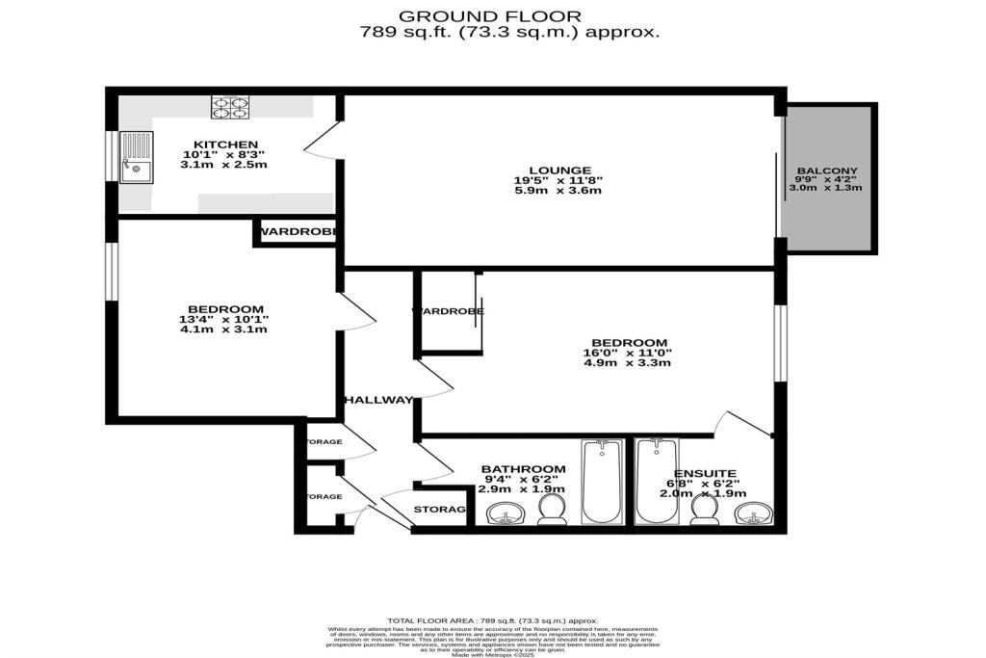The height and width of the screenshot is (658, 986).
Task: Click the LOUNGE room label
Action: tap(558, 171)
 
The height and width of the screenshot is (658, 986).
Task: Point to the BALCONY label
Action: tap(826, 172)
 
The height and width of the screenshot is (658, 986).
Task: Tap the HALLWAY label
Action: tap(378, 400)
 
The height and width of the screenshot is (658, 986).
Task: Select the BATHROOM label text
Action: tap(523, 469)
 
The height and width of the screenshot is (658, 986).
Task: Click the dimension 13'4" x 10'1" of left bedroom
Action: tap(223, 319)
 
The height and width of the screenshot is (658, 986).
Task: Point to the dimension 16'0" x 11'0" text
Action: tap(629, 354)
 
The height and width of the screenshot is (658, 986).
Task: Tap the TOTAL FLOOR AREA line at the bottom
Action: tap(492, 621)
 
